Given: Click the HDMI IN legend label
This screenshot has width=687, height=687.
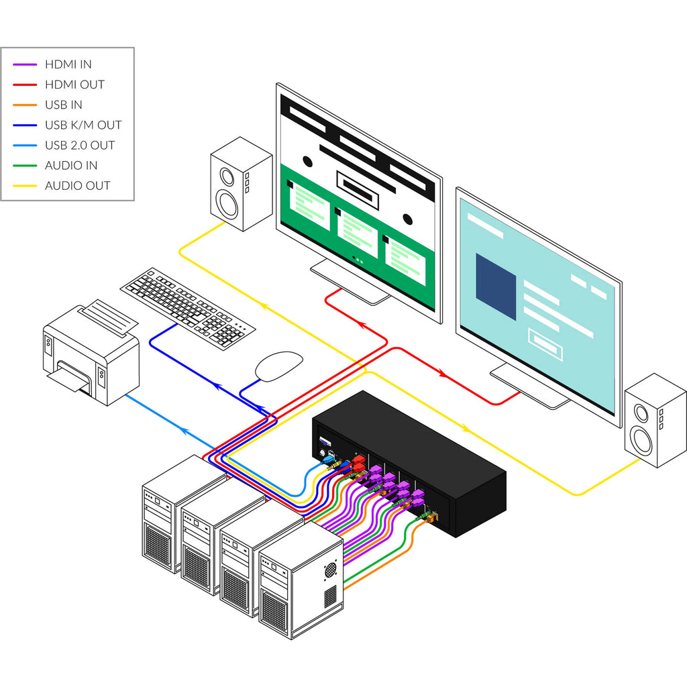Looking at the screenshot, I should [68, 64].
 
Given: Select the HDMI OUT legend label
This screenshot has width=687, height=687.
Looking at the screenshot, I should [74, 85].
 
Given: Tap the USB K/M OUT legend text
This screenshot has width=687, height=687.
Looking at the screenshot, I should [83, 125].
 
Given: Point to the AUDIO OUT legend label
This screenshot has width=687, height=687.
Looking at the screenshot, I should [77, 185].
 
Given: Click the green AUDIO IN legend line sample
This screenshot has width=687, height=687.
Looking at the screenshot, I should [25, 165].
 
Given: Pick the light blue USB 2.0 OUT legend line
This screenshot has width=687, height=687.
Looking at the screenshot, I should [25, 145].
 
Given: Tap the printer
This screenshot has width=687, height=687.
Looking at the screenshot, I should [91, 356].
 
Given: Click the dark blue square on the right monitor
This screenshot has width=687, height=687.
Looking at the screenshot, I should [496, 286].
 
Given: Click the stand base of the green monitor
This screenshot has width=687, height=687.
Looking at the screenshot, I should [350, 282].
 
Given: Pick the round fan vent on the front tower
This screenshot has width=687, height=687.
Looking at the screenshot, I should [331, 570].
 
